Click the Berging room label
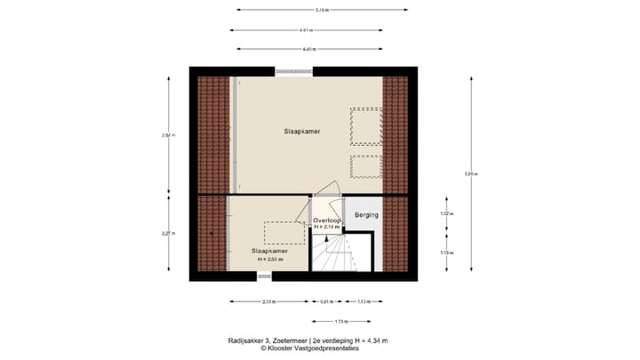click(366, 215)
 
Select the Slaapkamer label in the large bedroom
click(303, 132)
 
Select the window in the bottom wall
click(264, 277)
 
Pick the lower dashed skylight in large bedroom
click(365, 167)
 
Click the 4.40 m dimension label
click(308, 49)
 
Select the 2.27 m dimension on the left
click(168, 234)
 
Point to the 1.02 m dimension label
click(446, 214)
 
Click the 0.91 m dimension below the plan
click(325, 302)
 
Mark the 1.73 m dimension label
click(341, 321)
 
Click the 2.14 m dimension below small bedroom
click(268, 302)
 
